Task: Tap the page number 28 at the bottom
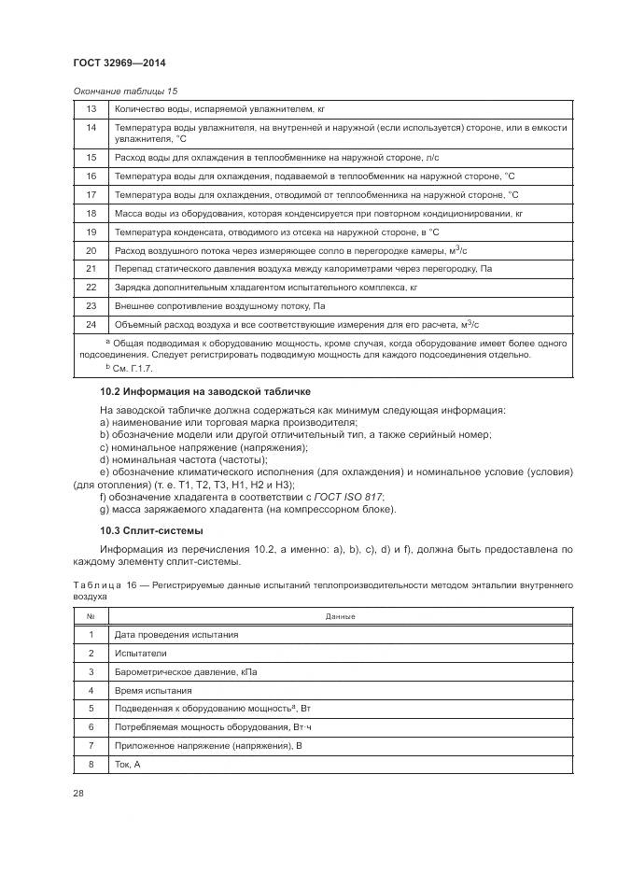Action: (78, 792)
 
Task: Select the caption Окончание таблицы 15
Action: (124, 91)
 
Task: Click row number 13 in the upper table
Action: (91, 108)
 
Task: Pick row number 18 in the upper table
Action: (91, 213)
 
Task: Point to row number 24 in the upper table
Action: (91, 324)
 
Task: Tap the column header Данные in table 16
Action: (339, 616)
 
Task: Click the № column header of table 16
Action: (91, 616)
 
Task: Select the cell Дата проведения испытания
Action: (175, 635)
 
